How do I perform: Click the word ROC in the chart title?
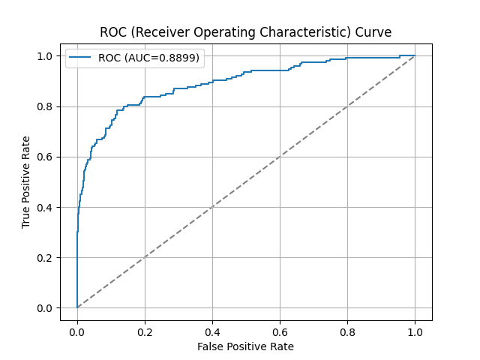coord(112,32)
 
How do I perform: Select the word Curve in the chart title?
coord(373,32)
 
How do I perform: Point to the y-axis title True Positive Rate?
coord(26,182)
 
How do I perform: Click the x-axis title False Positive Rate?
coord(245,346)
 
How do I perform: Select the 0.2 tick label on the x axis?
coord(145,331)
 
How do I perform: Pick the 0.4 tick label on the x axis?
coord(212,331)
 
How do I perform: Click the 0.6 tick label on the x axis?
coord(280,331)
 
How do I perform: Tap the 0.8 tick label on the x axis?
coord(347,331)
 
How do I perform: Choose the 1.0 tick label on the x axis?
coord(415,331)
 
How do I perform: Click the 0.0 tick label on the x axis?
coord(77,331)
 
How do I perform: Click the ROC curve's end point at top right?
coord(415,55)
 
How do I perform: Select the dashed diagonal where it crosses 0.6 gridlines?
coord(280,157)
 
